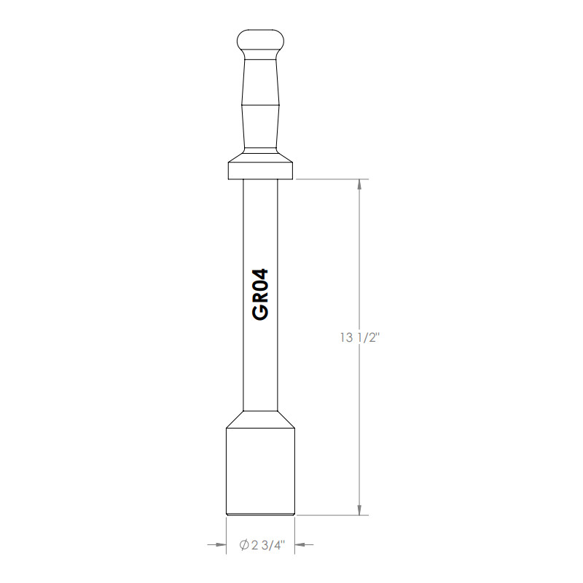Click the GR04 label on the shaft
tap(260, 293)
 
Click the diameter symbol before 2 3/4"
tap(244, 544)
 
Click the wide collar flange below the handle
tap(260, 170)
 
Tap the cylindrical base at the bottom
tap(260, 470)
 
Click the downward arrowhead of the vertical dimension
tap(359, 509)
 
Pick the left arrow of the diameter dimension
tap(217, 544)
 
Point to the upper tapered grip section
tap(260, 80)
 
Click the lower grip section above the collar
tap(260, 128)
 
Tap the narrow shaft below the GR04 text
tap(260, 364)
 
